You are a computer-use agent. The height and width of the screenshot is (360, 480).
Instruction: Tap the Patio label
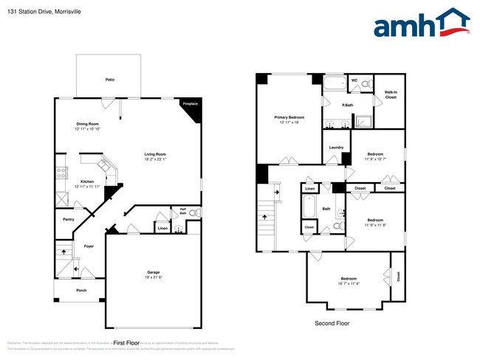coord(109,79)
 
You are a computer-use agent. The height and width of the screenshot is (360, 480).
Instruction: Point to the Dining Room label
coord(87,123)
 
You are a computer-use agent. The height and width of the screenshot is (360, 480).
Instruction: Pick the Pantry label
coord(68,219)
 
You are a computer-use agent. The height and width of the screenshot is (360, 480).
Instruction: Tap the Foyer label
coord(89,246)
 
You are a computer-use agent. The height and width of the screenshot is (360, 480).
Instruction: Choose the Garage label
coord(153,272)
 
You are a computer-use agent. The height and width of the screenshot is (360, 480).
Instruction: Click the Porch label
coord(81,290)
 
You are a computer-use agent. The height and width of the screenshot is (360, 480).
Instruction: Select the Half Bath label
coord(182,210)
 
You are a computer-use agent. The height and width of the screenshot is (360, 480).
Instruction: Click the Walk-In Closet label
coord(391,94)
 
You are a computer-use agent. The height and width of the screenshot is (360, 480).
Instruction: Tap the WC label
coord(354,80)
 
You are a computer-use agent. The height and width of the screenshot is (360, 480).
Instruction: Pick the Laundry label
coord(337,148)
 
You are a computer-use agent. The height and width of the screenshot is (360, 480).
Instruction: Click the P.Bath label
coord(347,105)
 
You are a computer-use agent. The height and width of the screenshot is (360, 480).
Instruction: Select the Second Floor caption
coord(332,323)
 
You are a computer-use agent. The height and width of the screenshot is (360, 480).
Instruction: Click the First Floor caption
coord(126,343)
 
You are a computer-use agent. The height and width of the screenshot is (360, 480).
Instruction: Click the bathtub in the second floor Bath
coord(310,207)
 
